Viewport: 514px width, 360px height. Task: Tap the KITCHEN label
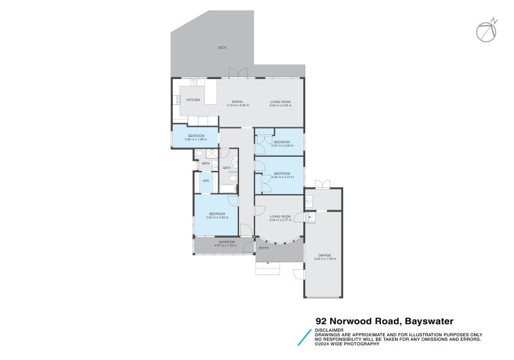tap(193, 100)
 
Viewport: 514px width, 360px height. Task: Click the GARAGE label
tap(324, 255)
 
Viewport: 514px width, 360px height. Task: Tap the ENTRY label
tap(263, 248)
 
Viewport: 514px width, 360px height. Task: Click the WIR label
tap(206, 181)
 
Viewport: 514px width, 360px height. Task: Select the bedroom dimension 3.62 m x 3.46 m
tap(217, 217)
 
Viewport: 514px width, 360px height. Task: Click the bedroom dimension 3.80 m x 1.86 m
tap(196, 139)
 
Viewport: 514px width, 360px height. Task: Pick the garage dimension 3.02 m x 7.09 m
tap(324, 258)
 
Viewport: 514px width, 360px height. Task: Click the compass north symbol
tap(486, 31)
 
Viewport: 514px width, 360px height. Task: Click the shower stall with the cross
tap(211, 154)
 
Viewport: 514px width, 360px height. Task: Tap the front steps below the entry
tap(268, 268)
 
